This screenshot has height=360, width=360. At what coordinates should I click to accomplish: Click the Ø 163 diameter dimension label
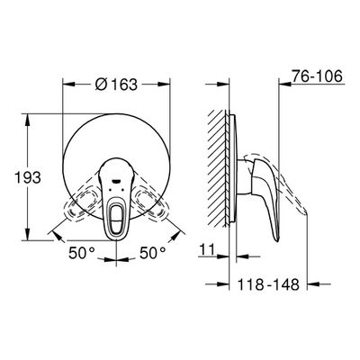116,85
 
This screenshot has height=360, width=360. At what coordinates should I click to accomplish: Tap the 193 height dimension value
28,178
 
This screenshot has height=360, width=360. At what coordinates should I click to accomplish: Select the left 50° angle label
82,253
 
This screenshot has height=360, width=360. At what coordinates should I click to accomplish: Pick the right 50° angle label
153,253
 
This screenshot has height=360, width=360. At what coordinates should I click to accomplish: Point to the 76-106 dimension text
318,76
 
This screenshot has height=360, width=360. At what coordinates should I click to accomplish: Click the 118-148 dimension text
268,284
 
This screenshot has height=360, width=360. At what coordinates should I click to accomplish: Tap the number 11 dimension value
206,249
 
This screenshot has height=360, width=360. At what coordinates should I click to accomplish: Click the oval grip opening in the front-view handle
116,217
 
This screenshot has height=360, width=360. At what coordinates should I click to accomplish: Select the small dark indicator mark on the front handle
116,181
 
